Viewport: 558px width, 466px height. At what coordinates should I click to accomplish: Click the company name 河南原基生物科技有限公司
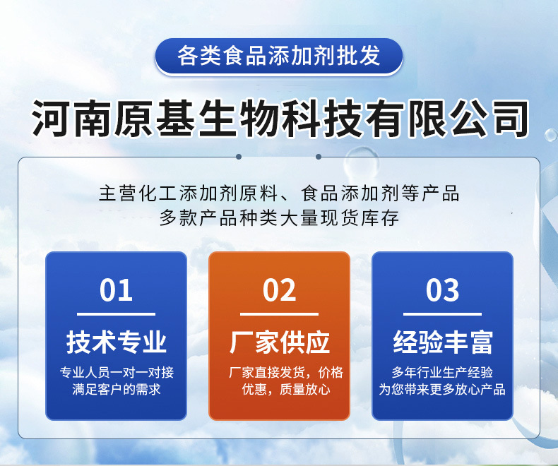(279, 118)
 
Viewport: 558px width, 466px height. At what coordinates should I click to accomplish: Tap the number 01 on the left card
(116, 290)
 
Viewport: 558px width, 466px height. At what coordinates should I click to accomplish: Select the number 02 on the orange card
(279, 290)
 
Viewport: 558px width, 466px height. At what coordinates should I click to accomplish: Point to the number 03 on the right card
(442, 290)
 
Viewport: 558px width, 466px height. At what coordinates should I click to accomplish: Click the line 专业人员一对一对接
(116, 372)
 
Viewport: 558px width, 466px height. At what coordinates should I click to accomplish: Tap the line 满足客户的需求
(116, 389)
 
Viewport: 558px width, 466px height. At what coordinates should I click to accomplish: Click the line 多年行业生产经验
(442, 372)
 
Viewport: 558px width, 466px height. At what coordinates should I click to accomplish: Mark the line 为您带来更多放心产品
(442, 389)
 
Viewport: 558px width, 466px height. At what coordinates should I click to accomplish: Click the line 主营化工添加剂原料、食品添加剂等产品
(279, 193)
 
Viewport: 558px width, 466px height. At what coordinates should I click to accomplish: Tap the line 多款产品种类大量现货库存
(279, 217)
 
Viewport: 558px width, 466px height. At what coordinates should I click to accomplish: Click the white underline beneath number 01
(116, 314)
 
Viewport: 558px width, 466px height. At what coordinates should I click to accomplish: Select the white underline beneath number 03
(442, 314)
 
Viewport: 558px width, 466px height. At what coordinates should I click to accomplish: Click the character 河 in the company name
(52, 118)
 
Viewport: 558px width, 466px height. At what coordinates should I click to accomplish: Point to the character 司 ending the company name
(507, 118)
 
